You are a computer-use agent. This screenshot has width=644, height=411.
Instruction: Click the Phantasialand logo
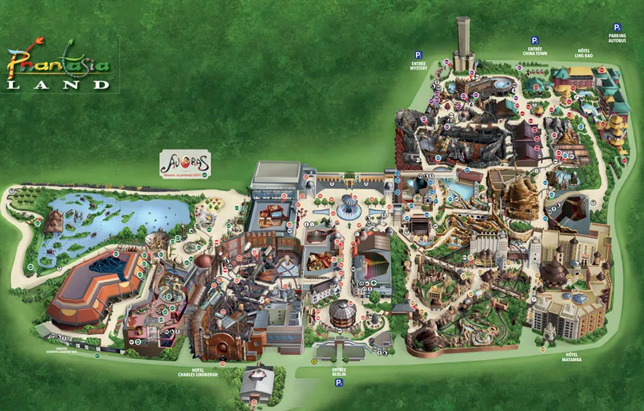[58, 64]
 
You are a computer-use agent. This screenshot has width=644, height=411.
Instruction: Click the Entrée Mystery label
[418, 66]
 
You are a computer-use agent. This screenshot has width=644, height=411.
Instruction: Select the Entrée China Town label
[534, 50]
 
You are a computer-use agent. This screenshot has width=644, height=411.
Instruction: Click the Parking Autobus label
[616, 40]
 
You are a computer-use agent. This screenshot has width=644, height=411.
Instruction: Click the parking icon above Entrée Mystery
[418, 55]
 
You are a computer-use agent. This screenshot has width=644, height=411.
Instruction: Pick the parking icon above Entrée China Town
[534, 40]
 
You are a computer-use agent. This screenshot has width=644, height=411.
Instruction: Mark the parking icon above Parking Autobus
[616, 27]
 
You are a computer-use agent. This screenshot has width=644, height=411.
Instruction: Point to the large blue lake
[116, 219]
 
